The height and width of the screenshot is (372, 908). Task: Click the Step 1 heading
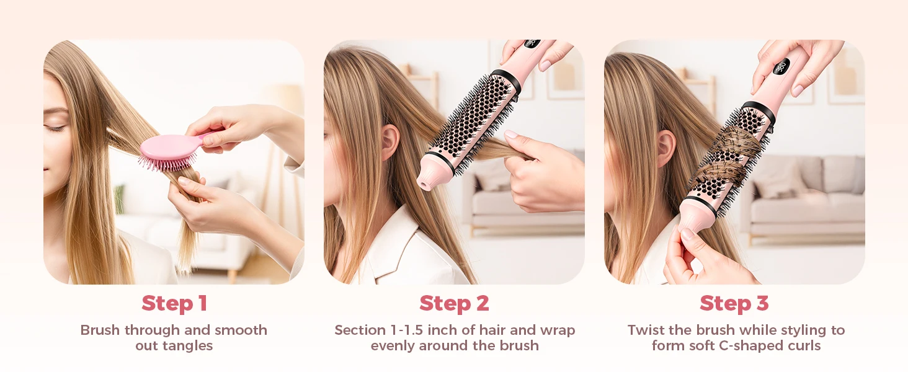coord(175,304)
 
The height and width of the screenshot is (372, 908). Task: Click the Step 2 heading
coord(455,304)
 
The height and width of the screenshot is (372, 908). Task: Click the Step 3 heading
coord(734,304)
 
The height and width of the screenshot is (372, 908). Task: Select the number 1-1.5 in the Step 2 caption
coord(406,330)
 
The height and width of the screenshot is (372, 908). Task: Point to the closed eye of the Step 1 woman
coord(56,128)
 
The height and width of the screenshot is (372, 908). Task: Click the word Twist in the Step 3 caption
coord(646,330)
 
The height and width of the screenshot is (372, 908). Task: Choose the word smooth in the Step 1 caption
coord(241,330)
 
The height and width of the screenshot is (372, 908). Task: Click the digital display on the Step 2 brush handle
coord(532,43)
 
